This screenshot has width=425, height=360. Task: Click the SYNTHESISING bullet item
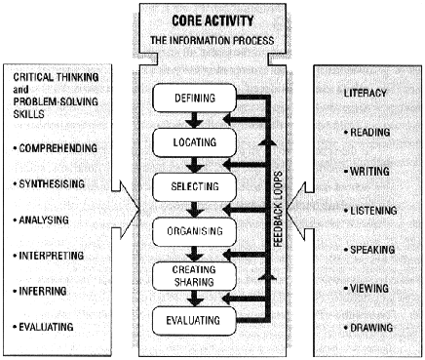53,183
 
